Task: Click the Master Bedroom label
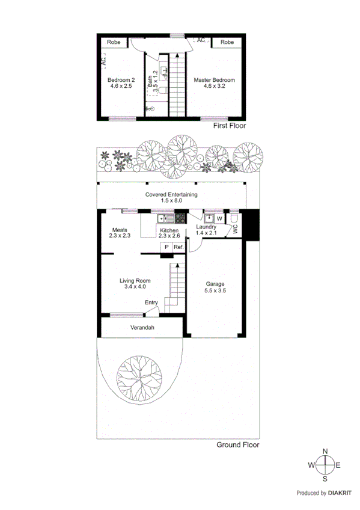(x=214, y=80)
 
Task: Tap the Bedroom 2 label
(x=120, y=80)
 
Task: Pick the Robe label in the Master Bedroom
(x=227, y=42)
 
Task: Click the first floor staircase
(x=177, y=84)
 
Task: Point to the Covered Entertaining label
(x=171, y=194)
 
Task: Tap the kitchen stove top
(x=179, y=219)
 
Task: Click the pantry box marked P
(x=166, y=247)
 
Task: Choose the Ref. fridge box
(x=178, y=247)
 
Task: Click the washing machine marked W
(x=219, y=218)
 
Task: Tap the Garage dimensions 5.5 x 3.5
(x=216, y=291)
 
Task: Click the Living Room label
(x=135, y=281)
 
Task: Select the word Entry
(x=151, y=303)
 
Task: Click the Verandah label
(x=143, y=328)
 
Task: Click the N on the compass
(x=325, y=451)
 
